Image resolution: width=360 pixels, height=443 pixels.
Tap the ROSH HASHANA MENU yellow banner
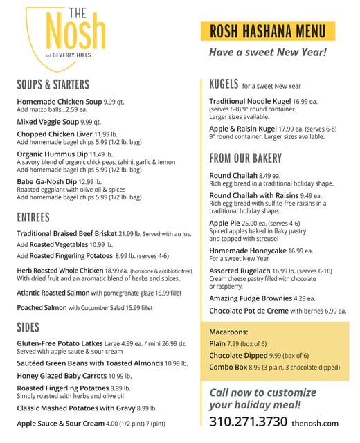tap(267, 31)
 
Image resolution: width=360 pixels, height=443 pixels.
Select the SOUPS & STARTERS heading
tap(53, 84)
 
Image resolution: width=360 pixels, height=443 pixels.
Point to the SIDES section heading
tap(28, 327)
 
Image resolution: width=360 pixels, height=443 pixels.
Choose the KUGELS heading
tap(224, 84)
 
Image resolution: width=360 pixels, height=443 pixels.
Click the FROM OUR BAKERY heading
tap(246, 158)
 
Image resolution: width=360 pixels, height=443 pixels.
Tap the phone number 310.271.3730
tap(248, 421)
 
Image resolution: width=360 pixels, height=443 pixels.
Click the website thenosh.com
tap(315, 423)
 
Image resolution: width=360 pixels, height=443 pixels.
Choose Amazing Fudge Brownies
tap(251, 298)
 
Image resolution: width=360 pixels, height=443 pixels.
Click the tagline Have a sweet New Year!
tap(267, 53)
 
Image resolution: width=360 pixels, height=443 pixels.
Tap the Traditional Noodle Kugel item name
tap(249, 101)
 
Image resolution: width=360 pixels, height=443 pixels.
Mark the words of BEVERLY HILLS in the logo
tap(68, 55)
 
